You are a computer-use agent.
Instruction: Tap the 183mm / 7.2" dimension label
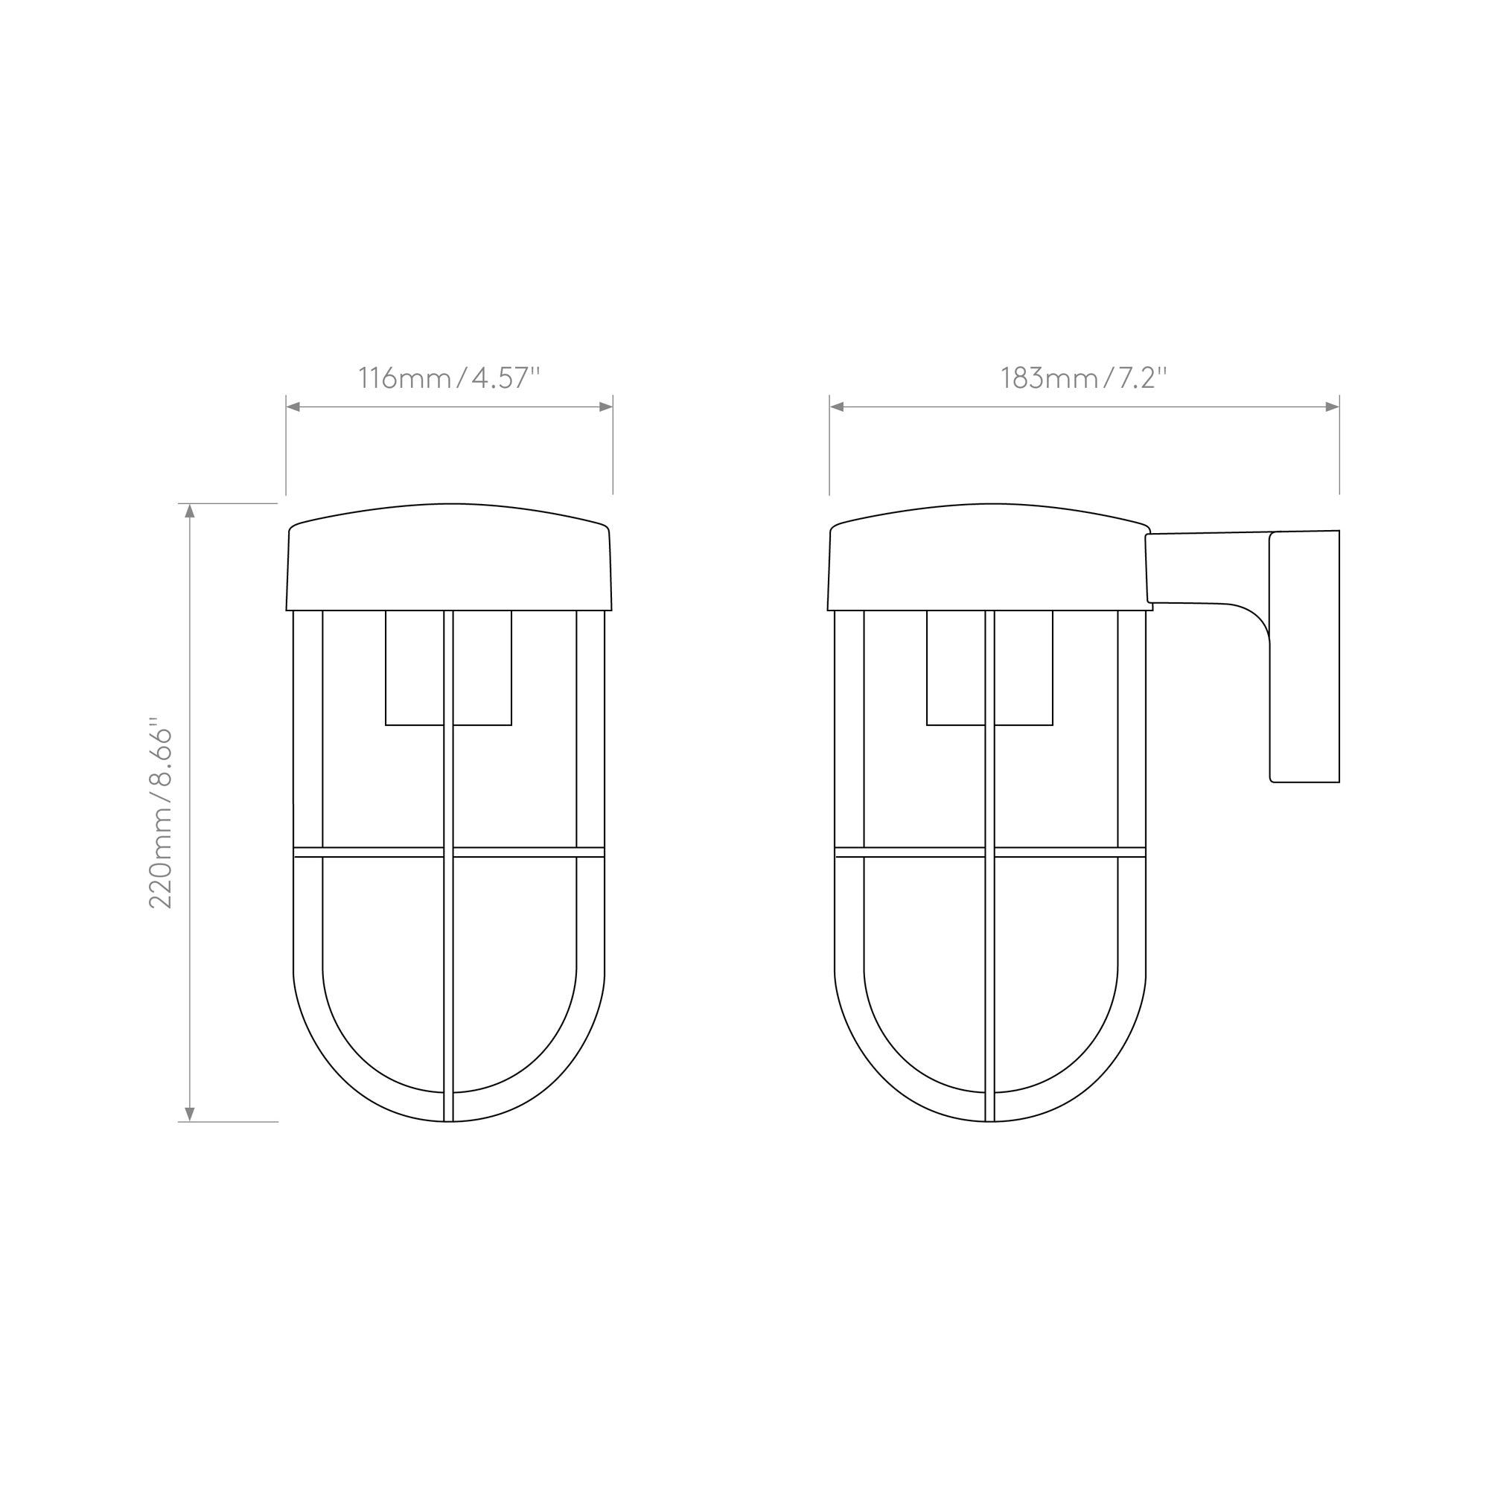1083,378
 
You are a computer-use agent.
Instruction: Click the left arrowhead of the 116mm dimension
293,407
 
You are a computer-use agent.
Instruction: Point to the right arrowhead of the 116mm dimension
606,407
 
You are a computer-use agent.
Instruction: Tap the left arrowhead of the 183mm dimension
837,407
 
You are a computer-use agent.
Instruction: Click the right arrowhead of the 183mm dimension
1333,407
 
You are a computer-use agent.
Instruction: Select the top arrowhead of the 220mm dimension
191,511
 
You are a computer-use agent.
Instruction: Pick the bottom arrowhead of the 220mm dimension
191,1115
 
